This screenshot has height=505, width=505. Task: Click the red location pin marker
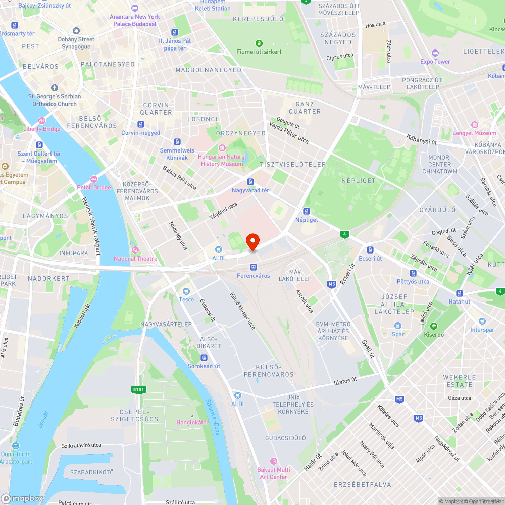point(252,242)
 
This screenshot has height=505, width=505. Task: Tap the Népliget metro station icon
point(306,211)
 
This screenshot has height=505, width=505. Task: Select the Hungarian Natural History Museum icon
point(222,147)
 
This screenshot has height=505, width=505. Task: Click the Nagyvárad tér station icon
point(250,181)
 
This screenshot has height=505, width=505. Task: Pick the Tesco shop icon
point(186,291)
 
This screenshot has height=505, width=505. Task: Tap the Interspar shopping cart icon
point(482,321)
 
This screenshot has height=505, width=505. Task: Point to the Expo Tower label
point(435,62)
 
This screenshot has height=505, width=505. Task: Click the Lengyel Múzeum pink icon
point(474,125)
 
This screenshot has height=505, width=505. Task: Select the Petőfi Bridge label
point(93,187)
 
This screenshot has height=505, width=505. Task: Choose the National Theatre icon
point(135,250)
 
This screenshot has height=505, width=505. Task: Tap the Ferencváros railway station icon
point(253,267)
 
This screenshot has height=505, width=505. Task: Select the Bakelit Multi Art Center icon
point(273,461)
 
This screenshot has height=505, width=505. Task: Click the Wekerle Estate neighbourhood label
point(460,381)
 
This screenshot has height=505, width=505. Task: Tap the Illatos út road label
point(345,380)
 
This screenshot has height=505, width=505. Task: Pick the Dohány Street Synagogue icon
point(76,31)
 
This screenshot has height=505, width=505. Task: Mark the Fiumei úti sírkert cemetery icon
point(259,43)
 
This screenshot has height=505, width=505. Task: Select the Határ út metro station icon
point(460,293)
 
